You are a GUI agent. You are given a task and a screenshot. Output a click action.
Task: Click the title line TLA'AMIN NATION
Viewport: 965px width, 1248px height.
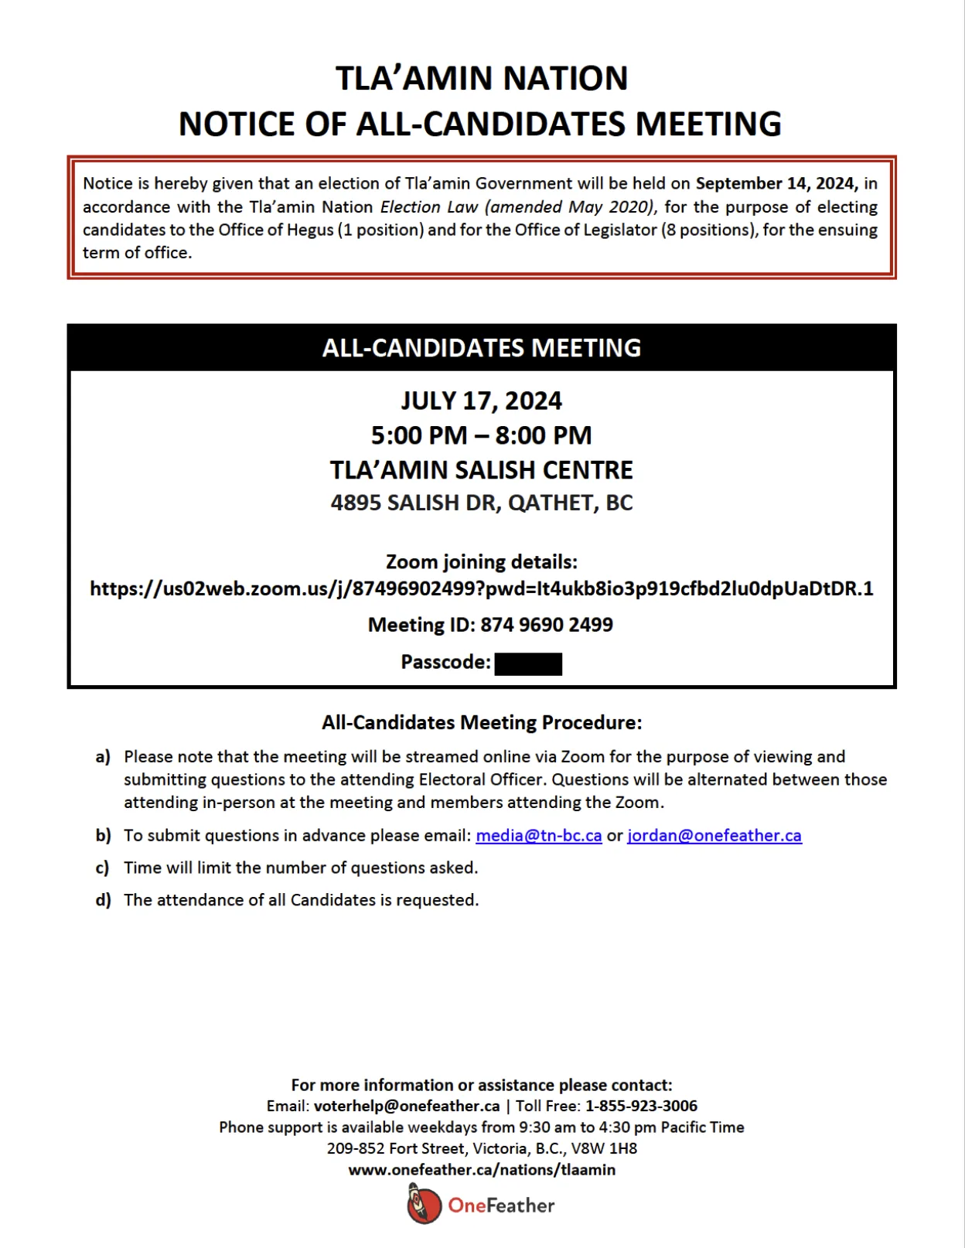click(x=481, y=78)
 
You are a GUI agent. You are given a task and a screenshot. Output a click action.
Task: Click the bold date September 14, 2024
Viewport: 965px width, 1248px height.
click(x=776, y=183)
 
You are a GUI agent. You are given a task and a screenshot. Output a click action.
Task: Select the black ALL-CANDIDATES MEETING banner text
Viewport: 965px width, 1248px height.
click(x=481, y=348)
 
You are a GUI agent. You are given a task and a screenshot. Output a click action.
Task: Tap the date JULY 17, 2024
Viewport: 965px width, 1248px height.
click(x=481, y=401)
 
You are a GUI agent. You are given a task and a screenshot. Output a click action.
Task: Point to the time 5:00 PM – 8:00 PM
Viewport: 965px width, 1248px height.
click(x=481, y=435)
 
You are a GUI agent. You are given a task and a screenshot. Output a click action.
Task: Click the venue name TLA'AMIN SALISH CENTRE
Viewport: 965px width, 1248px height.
click(x=481, y=470)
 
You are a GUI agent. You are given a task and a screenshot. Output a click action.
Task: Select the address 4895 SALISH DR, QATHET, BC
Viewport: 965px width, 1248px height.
click(x=481, y=503)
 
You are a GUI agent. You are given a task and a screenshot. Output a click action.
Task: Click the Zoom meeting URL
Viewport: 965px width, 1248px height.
click(x=481, y=589)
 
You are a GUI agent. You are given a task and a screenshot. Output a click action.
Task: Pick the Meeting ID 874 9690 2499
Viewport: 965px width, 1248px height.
click(x=546, y=625)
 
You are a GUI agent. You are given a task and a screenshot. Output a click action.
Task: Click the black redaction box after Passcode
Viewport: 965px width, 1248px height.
click(x=528, y=663)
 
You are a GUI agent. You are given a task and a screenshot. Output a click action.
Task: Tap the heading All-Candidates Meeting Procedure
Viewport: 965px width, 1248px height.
click(x=481, y=722)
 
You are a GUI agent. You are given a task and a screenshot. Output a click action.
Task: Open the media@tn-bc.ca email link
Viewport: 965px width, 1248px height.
click(x=538, y=836)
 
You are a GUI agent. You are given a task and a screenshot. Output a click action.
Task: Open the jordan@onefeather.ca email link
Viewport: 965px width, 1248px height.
click(x=714, y=836)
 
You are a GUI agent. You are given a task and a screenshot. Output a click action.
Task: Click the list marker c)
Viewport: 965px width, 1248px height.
click(x=102, y=868)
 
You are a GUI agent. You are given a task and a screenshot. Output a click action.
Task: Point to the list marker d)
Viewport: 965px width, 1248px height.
click(x=103, y=901)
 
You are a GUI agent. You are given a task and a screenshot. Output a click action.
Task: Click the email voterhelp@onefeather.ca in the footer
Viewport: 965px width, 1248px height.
click(x=407, y=1106)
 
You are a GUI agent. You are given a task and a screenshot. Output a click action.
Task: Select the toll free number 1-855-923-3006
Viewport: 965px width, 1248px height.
click(x=641, y=1106)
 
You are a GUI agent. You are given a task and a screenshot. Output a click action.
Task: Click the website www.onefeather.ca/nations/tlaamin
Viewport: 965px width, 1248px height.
click(x=482, y=1170)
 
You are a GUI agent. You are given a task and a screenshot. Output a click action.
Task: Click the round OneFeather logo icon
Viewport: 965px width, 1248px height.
click(x=424, y=1205)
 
